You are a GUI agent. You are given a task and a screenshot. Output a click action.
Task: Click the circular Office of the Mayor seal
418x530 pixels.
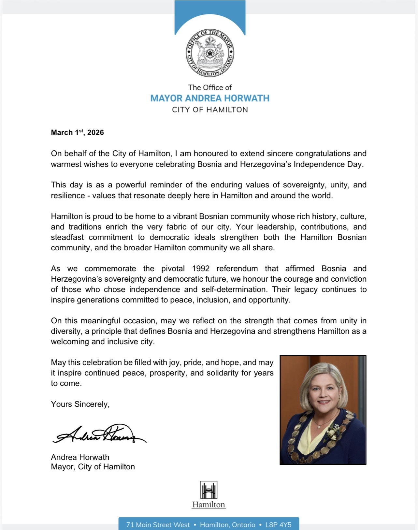(210, 53)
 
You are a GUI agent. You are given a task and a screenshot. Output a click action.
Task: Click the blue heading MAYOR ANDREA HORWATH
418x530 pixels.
(210, 98)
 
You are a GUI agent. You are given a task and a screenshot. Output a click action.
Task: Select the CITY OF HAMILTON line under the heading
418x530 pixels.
(210, 110)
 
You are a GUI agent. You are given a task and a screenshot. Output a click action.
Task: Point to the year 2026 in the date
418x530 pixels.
(95, 132)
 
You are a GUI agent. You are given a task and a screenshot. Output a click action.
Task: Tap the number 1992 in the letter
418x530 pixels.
(201, 269)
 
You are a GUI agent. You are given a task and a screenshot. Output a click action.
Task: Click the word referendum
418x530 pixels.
(237, 269)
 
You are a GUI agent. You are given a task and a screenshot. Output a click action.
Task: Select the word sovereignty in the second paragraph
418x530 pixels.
(304, 185)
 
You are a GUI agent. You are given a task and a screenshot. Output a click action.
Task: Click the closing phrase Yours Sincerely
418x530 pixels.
(80, 404)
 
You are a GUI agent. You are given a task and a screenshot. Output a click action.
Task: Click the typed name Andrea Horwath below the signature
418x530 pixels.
(80, 457)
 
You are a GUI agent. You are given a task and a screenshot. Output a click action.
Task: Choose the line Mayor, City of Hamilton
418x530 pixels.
(93, 467)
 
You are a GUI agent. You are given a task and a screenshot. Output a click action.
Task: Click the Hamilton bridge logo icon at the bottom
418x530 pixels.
(209, 490)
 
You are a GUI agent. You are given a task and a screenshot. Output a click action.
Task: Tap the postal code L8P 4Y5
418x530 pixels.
(278, 525)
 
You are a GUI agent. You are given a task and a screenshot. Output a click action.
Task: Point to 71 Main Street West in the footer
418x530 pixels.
(158, 525)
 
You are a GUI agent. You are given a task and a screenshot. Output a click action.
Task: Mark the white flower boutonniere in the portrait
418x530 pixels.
(334, 430)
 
